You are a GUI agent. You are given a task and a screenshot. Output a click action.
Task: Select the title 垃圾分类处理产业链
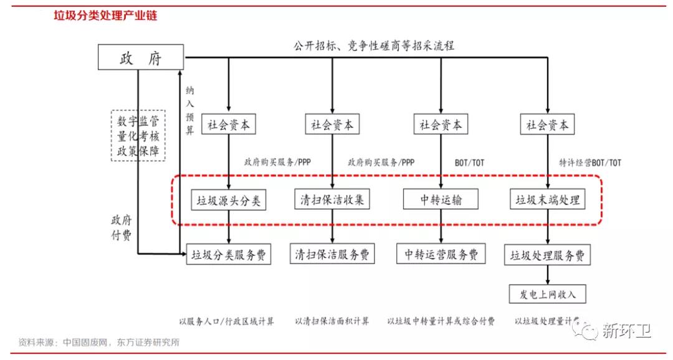pyautogui.click(x=105, y=16)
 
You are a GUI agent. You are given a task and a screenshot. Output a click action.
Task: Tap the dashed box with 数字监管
pyautogui.click(x=138, y=135)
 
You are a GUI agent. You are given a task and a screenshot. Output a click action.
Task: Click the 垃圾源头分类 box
pyautogui.click(x=229, y=201)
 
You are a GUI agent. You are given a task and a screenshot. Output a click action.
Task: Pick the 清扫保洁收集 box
pyautogui.click(x=332, y=200)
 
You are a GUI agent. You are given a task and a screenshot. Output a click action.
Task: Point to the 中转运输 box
pyautogui.click(x=441, y=200)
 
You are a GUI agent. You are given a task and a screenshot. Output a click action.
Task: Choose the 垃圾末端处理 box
pyautogui.click(x=548, y=200)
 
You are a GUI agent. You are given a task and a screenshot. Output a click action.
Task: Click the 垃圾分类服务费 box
pyautogui.click(x=229, y=255)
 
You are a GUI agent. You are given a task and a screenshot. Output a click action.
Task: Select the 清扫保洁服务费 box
pyautogui.click(x=332, y=254)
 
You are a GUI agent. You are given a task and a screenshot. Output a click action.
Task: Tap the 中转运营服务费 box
pyautogui.click(x=441, y=254)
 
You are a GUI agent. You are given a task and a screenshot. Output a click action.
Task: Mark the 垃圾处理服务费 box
pyautogui.click(x=548, y=255)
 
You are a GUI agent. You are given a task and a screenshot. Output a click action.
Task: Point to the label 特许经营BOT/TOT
pyautogui.click(x=590, y=163)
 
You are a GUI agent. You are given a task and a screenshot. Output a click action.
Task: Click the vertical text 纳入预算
pyautogui.click(x=190, y=110)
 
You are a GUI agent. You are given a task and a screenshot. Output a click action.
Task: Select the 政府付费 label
pyautogui.click(x=122, y=227)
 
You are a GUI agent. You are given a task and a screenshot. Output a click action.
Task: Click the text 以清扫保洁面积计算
pyautogui.click(x=332, y=321)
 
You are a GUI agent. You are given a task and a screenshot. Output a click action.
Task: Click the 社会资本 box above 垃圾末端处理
pyautogui.click(x=548, y=125)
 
